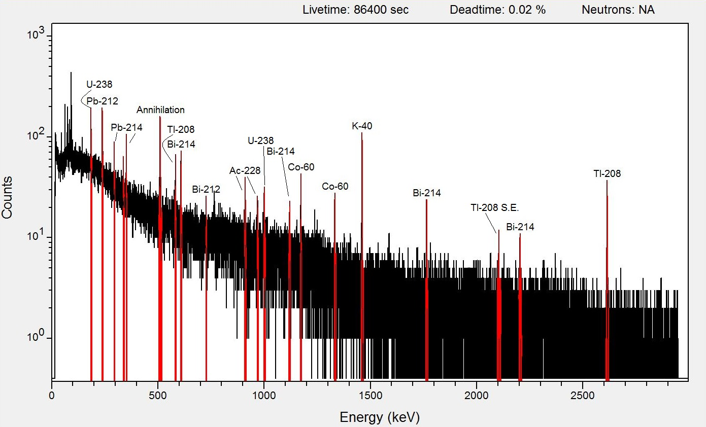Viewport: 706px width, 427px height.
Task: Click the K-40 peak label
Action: coord(362,126)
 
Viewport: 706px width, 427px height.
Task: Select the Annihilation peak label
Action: coord(160,110)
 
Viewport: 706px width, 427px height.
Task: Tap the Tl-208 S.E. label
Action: coord(494,207)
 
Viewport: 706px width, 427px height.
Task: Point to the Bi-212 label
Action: coord(206,189)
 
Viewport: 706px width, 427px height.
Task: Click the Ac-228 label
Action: coord(245,171)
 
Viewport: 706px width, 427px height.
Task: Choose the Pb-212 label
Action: coord(103,101)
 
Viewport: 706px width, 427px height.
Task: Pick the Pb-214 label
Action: coord(127,127)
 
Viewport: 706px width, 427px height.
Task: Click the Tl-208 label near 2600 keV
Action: coord(607,173)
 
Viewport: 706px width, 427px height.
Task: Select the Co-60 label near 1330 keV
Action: coord(335,187)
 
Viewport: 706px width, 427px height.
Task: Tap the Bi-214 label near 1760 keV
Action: coord(427,193)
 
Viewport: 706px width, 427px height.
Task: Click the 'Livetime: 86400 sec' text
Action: coord(355,10)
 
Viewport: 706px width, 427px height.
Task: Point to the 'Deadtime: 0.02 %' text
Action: coord(498,10)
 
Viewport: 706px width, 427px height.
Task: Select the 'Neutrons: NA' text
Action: coord(618,10)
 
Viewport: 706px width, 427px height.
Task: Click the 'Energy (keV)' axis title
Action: coord(380,417)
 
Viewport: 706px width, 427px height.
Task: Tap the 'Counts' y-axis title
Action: coord(7,197)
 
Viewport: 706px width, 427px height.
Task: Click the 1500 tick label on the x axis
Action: coord(371,396)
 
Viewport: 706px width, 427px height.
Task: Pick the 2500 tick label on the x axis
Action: coord(583,396)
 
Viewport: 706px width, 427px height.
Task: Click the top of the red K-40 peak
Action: coord(362,133)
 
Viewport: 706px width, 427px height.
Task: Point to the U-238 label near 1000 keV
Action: coord(261,140)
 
